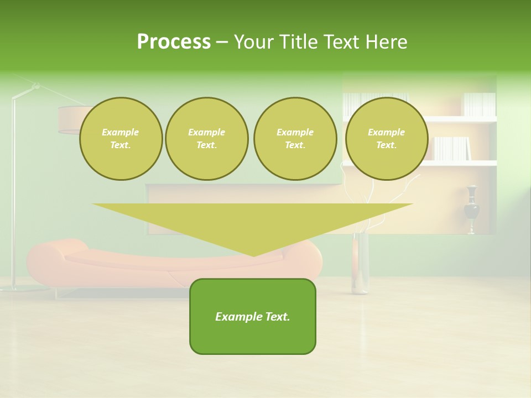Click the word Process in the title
click(174, 42)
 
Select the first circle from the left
click(121, 139)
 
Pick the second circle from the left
click(206, 139)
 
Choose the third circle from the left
click(295, 139)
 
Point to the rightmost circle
click(386, 139)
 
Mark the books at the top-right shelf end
click(479, 104)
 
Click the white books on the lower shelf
click(451, 148)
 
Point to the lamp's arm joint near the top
click(36, 86)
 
